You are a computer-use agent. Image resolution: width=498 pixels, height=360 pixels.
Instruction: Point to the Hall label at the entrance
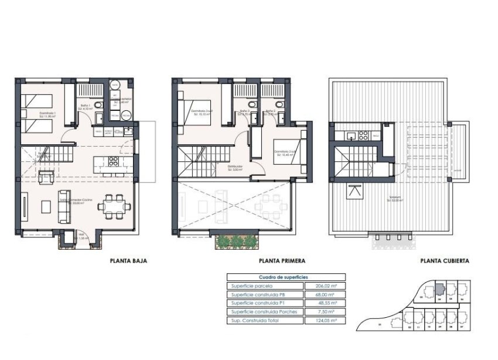point(81,237)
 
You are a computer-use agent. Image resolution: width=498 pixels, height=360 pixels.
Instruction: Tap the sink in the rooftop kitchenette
point(350,135)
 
